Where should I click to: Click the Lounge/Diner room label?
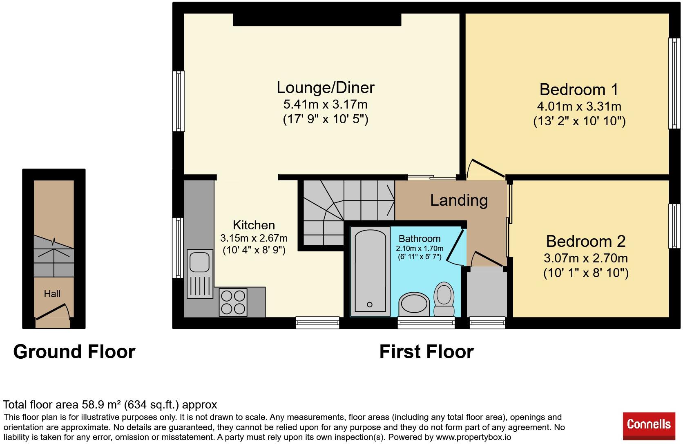pos(325,87)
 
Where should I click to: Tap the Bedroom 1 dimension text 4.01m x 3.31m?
pos(579,107)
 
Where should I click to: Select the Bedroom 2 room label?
pos(585,241)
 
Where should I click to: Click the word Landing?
pos(459,200)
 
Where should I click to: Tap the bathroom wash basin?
pos(414,304)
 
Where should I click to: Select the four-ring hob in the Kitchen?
pos(233,302)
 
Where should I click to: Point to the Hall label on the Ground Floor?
pos(52,294)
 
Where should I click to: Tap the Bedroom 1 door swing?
pos(485,167)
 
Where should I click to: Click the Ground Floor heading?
pos(74,352)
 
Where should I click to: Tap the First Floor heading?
pos(426,352)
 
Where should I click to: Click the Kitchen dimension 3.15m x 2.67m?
pos(254,238)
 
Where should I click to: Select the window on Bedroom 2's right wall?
pos(674,226)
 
